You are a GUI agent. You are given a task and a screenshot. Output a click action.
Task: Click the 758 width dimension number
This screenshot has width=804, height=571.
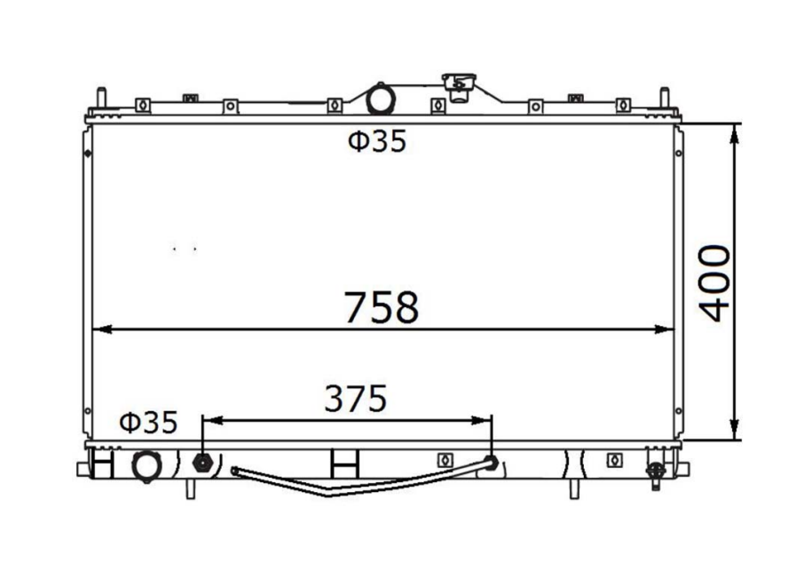click(x=381, y=307)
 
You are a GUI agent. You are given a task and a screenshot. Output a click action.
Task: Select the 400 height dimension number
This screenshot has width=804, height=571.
click(x=714, y=282)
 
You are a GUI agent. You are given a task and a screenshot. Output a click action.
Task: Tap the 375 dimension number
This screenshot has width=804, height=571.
click(x=355, y=399)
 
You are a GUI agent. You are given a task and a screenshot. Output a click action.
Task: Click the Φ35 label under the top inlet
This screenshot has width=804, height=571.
click(x=376, y=142)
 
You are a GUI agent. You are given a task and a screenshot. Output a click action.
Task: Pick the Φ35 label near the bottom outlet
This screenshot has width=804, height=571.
click(x=148, y=422)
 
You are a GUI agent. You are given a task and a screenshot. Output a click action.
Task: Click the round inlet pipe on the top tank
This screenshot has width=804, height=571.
click(x=380, y=98)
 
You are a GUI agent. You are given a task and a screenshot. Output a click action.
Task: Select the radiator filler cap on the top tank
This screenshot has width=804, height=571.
click(x=459, y=87)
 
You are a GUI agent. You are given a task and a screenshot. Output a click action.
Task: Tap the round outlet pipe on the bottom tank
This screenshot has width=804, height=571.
click(x=145, y=465)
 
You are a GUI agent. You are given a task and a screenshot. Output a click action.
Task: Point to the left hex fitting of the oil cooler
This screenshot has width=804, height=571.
click(x=201, y=462)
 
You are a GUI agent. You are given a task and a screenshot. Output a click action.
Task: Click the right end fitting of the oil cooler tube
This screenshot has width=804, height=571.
click(x=490, y=462)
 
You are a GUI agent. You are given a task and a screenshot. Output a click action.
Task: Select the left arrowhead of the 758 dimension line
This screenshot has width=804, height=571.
click(x=99, y=329)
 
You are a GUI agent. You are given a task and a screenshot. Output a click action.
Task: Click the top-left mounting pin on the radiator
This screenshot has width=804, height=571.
click(x=101, y=98)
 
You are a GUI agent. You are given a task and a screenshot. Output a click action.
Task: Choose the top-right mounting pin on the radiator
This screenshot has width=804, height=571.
click(x=664, y=98)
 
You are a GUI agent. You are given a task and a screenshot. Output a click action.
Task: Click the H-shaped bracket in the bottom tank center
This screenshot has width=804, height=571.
click(x=343, y=463)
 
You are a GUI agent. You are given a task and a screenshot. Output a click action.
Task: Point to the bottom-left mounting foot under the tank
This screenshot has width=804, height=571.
click(x=190, y=488)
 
